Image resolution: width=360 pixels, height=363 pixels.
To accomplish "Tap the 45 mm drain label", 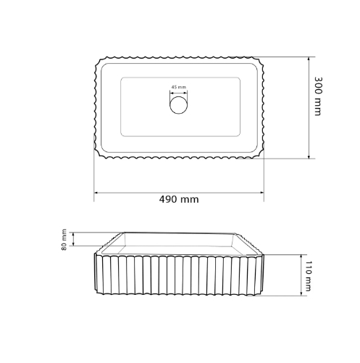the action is [x=179, y=87].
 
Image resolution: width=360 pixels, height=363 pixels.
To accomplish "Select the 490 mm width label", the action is [x=179, y=199].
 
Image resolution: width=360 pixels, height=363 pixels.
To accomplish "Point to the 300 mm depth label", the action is [x=318, y=96].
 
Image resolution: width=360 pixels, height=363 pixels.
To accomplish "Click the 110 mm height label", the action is [x=308, y=276].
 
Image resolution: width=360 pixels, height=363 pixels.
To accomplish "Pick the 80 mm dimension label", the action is [x=64, y=239].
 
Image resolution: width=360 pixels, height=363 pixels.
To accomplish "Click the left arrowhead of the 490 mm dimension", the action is [x=96, y=193].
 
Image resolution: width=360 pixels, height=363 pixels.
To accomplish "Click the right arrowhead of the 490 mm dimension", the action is [x=261, y=193].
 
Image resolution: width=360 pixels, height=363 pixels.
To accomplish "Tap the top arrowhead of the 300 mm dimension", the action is [x=309, y=59].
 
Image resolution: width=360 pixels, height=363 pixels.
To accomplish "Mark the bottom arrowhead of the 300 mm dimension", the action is [x=309, y=157].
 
